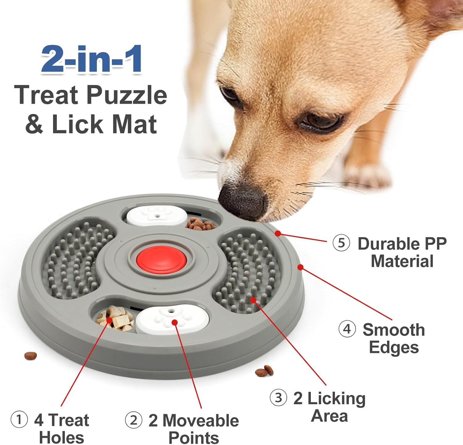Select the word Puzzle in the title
point(127,95)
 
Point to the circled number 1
point(19,420)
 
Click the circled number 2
point(133,420)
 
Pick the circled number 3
point(278,398)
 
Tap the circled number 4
point(347,329)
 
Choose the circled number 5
point(341,243)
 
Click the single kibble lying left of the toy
point(31,356)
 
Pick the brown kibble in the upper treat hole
point(200,224)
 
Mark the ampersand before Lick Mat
point(34,124)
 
